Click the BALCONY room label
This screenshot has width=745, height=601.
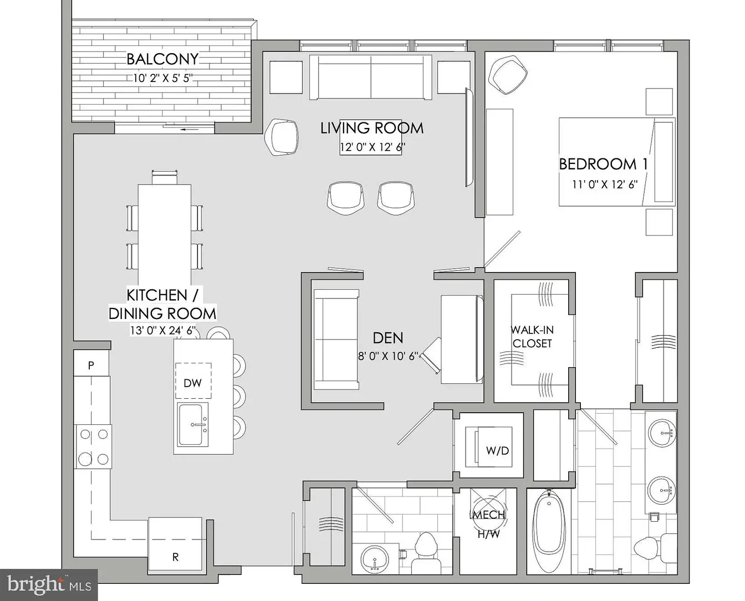pos(162,59)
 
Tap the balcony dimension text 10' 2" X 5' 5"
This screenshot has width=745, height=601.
pos(162,78)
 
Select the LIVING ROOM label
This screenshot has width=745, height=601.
pos(372,128)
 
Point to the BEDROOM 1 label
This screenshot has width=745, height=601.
pos(603,164)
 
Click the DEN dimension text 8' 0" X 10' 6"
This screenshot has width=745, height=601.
pos(388,356)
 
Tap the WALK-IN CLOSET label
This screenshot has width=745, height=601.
pos(532,336)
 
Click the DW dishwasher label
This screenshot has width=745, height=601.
pos(193,383)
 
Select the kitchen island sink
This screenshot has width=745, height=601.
pos(193,424)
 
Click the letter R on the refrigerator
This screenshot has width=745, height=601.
pos(176,557)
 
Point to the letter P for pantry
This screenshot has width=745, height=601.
pos(91,366)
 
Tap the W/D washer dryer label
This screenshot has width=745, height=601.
pos(497,451)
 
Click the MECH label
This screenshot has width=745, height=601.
pos(488,515)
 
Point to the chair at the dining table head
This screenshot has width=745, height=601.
pos(165,177)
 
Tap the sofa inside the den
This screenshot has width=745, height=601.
pos(336,340)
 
